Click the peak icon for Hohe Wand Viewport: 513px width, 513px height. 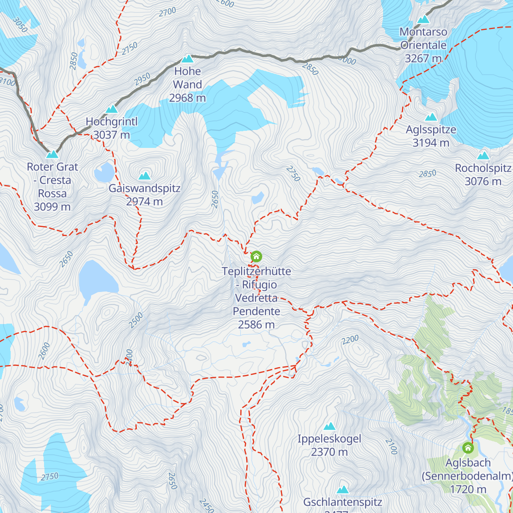(x=187, y=59)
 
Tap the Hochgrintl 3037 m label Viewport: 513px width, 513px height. (x=112, y=128)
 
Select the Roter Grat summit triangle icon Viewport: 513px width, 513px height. (x=52, y=154)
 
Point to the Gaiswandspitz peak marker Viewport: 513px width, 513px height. (x=144, y=176)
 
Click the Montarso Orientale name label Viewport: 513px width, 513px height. (x=423, y=38)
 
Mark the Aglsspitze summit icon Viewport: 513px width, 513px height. (x=431, y=117)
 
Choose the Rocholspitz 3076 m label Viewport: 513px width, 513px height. (x=483, y=175)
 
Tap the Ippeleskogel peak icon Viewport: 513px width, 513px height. (x=329, y=426)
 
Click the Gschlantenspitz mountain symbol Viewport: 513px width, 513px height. (x=342, y=490)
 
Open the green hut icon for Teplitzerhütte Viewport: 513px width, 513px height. (x=256, y=256)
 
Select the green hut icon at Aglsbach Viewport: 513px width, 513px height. (x=468, y=448)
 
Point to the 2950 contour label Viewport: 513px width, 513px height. (x=142, y=79)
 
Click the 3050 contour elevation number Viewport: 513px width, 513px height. (x=20, y=25)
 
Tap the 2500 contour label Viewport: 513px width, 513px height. (x=136, y=321)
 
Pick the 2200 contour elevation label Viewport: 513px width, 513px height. (x=350, y=340)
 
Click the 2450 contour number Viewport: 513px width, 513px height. (x=206, y=506)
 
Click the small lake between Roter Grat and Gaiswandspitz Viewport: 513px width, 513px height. (x=104, y=172)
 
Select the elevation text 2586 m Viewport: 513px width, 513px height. (x=256, y=324)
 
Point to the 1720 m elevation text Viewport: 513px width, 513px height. (x=468, y=489)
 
